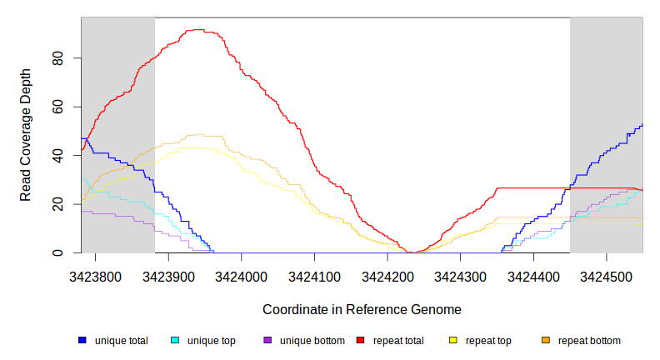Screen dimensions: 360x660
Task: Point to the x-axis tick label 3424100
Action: (x=314, y=275)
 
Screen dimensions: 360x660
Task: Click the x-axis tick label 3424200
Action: (x=387, y=275)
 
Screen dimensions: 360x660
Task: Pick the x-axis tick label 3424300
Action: (x=460, y=275)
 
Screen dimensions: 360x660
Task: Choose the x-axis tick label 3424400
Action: (x=533, y=275)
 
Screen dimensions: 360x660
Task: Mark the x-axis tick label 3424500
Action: (x=606, y=275)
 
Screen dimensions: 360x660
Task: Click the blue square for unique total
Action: (x=82, y=341)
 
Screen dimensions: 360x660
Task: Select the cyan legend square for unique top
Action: (x=175, y=341)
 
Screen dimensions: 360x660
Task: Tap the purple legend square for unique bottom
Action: (x=267, y=341)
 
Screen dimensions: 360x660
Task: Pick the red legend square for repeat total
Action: (x=360, y=341)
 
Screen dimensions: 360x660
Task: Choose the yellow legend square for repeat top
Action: (x=453, y=341)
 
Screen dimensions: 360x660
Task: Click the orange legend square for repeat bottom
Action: (x=546, y=341)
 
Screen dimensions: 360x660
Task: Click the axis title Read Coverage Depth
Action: (x=26, y=136)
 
